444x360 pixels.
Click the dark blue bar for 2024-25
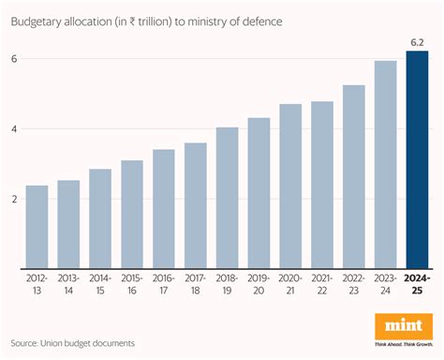click(x=417, y=159)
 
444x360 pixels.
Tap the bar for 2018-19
click(x=227, y=198)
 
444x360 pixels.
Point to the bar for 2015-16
click(x=131, y=215)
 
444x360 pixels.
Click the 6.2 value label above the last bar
click(x=417, y=41)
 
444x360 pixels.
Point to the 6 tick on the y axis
click(x=13, y=58)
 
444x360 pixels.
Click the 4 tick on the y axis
click(x=13, y=128)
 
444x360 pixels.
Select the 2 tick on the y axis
click(x=13, y=199)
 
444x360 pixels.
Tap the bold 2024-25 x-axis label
click(x=417, y=286)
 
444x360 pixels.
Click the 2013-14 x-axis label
click(x=68, y=286)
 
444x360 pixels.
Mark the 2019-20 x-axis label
click(x=259, y=286)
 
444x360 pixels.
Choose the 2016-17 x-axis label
click(x=163, y=286)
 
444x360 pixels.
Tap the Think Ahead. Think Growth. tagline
click(x=404, y=343)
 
